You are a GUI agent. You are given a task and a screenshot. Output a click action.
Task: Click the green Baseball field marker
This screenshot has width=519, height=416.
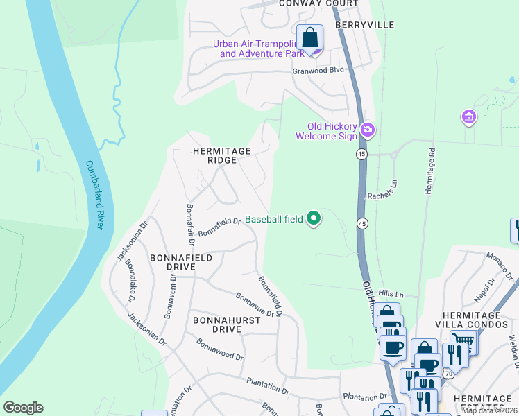(x=314, y=218)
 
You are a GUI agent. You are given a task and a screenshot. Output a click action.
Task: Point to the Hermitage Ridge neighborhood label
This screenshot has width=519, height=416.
(x=221, y=155)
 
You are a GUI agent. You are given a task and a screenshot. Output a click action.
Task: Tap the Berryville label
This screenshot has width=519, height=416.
(x=364, y=25)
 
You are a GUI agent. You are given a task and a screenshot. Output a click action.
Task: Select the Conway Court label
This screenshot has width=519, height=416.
(x=318, y=3)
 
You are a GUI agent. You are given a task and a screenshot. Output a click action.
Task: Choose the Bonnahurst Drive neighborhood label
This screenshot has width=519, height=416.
(x=207, y=324)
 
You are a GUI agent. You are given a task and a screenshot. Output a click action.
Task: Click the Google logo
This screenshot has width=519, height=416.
(x=23, y=408)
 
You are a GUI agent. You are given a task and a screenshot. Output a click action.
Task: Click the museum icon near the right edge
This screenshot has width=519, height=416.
(x=469, y=116)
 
